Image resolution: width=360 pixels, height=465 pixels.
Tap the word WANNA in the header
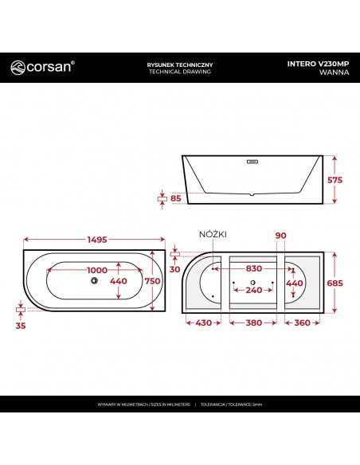tap(334, 72)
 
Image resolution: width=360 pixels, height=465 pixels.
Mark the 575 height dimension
tap(335, 180)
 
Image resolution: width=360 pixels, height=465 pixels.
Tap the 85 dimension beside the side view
tap(174, 199)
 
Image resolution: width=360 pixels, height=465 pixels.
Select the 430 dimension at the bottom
tap(204, 323)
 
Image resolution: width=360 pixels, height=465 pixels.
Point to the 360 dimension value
tap(302, 323)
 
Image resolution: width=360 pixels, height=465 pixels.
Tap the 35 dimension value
tap(20, 325)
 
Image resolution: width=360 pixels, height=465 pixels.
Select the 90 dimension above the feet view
tap(280, 236)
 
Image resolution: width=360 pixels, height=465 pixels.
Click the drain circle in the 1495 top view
tap(95, 281)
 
